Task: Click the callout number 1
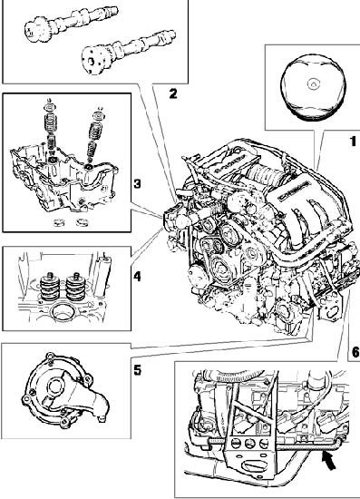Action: (x=353, y=142)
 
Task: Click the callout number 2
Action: (x=173, y=93)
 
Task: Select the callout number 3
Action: (x=137, y=183)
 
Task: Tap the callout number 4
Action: (x=137, y=276)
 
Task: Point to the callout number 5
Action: (x=138, y=370)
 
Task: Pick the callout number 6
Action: (x=355, y=352)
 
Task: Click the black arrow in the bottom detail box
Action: (x=329, y=461)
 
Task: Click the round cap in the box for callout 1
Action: (x=313, y=87)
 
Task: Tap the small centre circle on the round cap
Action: (x=313, y=83)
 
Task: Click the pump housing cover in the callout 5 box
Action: (x=65, y=390)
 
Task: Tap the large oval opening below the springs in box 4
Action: (x=62, y=312)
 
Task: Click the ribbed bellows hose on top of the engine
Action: (x=264, y=174)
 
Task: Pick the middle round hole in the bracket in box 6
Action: (x=249, y=443)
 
